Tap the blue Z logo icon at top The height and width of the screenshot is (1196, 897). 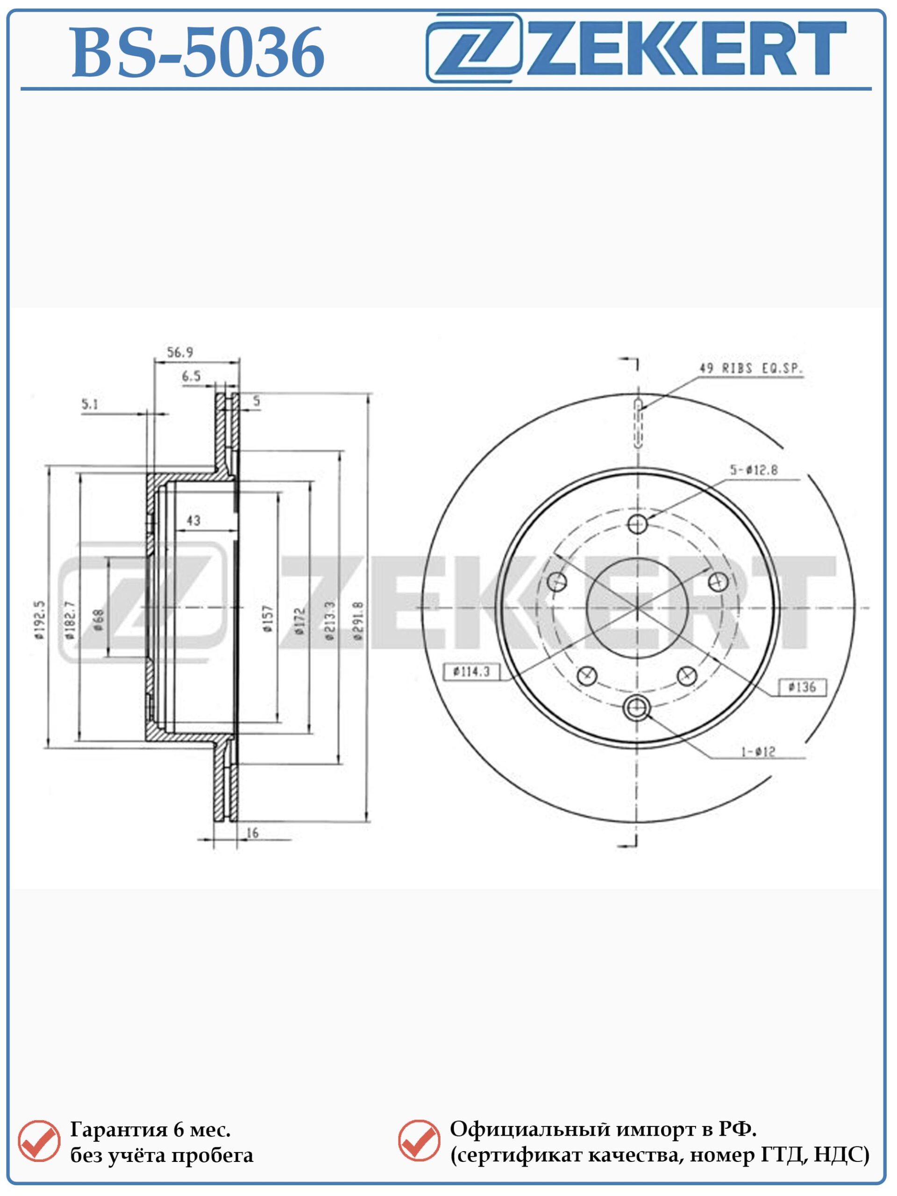(x=474, y=48)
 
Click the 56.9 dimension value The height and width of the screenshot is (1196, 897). (x=180, y=353)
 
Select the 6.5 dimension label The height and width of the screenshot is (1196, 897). (x=192, y=376)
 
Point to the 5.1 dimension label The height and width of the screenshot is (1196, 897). (x=90, y=404)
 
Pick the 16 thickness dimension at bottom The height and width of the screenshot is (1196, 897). (x=252, y=833)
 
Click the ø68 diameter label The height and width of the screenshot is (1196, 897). (x=99, y=620)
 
